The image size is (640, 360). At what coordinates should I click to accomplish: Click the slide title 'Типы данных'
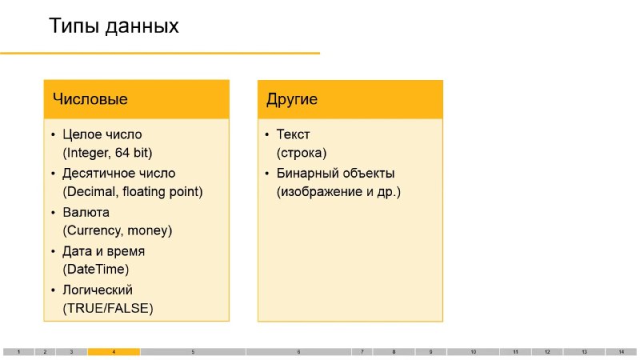click(114, 26)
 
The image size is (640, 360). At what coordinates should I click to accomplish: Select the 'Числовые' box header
click(137, 99)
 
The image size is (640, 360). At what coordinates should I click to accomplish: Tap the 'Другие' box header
click(350, 99)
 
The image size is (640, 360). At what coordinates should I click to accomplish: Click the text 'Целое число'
click(102, 134)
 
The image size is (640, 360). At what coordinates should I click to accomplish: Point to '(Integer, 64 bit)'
click(108, 153)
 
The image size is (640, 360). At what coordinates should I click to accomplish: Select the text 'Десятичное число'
click(119, 173)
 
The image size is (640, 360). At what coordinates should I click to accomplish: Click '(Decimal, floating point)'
click(133, 191)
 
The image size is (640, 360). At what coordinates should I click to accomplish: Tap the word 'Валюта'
click(86, 212)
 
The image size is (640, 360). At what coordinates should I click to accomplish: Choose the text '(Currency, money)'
click(118, 230)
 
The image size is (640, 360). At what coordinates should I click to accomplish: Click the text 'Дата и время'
click(104, 251)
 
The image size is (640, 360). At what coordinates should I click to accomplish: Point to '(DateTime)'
click(96, 270)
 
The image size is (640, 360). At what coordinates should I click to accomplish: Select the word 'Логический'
click(98, 290)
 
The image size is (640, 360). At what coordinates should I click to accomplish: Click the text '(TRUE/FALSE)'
click(108, 308)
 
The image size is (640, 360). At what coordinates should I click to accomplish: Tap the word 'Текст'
click(293, 134)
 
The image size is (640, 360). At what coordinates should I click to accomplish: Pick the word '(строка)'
click(302, 153)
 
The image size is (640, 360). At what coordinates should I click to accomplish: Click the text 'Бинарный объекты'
click(335, 173)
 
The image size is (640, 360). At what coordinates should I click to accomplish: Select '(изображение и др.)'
click(338, 191)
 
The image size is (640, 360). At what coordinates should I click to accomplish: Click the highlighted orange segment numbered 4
click(114, 352)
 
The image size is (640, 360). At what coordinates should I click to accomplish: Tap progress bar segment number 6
click(298, 352)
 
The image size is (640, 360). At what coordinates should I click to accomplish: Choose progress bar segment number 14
click(622, 352)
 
